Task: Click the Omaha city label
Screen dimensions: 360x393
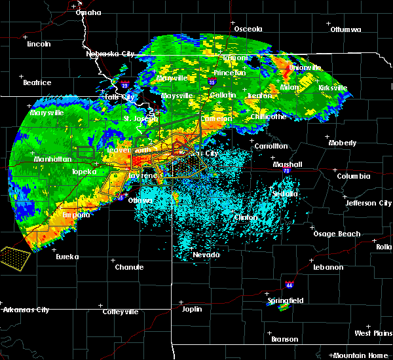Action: pos(88,12)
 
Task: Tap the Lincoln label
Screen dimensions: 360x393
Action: pos(39,44)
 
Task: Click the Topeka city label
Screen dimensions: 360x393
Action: pos(84,171)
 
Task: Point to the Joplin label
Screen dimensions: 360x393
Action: pos(192,309)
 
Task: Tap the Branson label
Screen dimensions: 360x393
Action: pos(284,339)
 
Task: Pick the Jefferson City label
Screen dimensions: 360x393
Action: pos(369,203)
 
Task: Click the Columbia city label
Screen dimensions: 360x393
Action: pos(354,176)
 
